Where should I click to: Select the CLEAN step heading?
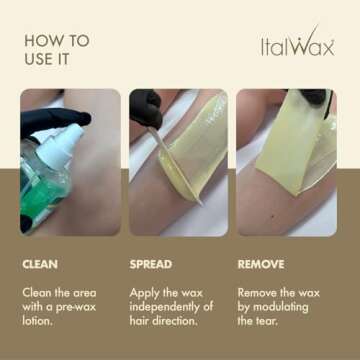point(40,265)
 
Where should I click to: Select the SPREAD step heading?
point(152,265)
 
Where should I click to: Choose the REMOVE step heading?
point(260,265)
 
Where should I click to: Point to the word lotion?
point(38,321)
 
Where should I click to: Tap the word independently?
point(165,306)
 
